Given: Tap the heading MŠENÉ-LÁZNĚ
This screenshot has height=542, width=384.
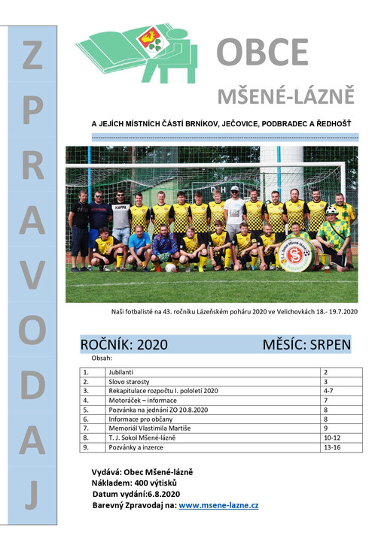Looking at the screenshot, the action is pyautogui.click(x=285, y=96).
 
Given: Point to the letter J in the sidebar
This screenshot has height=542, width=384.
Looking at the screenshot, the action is pyautogui.click(x=32, y=495).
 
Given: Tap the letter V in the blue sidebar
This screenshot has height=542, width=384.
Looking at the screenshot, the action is pyautogui.click(x=32, y=277).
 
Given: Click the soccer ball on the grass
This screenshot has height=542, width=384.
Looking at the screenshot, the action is pyautogui.click(x=171, y=267).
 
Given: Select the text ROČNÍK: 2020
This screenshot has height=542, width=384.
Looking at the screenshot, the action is pyautogui.click(x=123, y=345).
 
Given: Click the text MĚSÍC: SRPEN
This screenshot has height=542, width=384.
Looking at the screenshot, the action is pyautogui.click(x=306, y=345).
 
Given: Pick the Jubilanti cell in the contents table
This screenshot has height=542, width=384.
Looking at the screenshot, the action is pyautogui.click(x=123, y=372).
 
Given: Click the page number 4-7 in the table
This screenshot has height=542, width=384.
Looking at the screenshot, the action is pyautogui.click(x=330, y=391).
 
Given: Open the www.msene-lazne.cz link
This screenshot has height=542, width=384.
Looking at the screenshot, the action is pyautogui.click(x=218, y=505).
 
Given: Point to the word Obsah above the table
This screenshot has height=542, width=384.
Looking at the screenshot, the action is pyautogui.click(x=100, y=359).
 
